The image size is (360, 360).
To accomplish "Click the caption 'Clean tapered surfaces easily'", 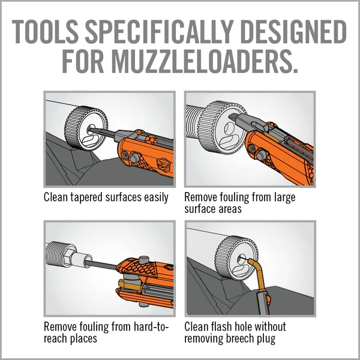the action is pyautogui.click(x=106, y=197).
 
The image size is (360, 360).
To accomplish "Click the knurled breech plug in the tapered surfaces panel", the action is pyautogui.click(x=86, y=128).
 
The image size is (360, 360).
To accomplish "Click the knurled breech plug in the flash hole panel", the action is pyautogui.click(x=237, y=258).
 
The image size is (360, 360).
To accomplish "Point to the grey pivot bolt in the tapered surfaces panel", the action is pyautogui.click(x=134, y=158).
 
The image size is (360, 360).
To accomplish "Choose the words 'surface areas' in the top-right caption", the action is pyautogui.click(x=213, y=209).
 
